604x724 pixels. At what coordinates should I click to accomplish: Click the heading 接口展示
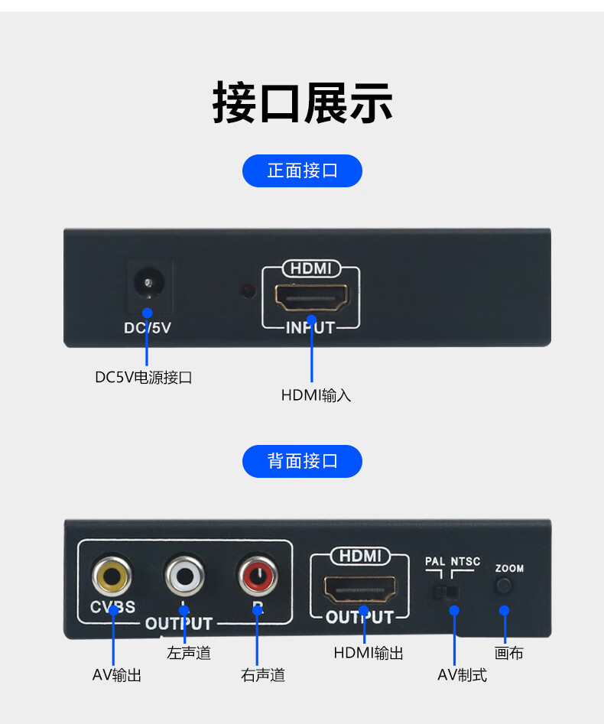(302, 102)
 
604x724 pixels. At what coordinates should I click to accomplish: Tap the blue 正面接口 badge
(302, 170)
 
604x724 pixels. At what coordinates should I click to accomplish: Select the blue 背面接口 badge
(302, 461)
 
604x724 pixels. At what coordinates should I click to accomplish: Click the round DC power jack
(147, 284)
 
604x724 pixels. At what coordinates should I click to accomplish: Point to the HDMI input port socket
(311, 297)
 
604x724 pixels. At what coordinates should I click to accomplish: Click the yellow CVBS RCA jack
(112, 576)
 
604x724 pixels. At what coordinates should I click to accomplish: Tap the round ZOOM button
(504, 586)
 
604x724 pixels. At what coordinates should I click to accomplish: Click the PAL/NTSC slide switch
(447, 592)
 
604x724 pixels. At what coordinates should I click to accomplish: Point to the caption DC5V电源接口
(143, 378)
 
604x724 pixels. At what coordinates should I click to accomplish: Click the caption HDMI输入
(316, 395)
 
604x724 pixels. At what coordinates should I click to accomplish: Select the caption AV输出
(116, 675)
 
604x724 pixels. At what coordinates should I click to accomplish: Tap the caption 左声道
(189, 654)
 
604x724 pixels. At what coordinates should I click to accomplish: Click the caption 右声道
(262, 675)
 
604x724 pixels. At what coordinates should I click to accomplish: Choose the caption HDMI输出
(369, 654)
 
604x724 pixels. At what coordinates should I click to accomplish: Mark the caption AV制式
(462, 675)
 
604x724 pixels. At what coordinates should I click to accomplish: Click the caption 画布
(508, 654)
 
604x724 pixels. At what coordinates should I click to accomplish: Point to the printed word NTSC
(466, 562)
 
